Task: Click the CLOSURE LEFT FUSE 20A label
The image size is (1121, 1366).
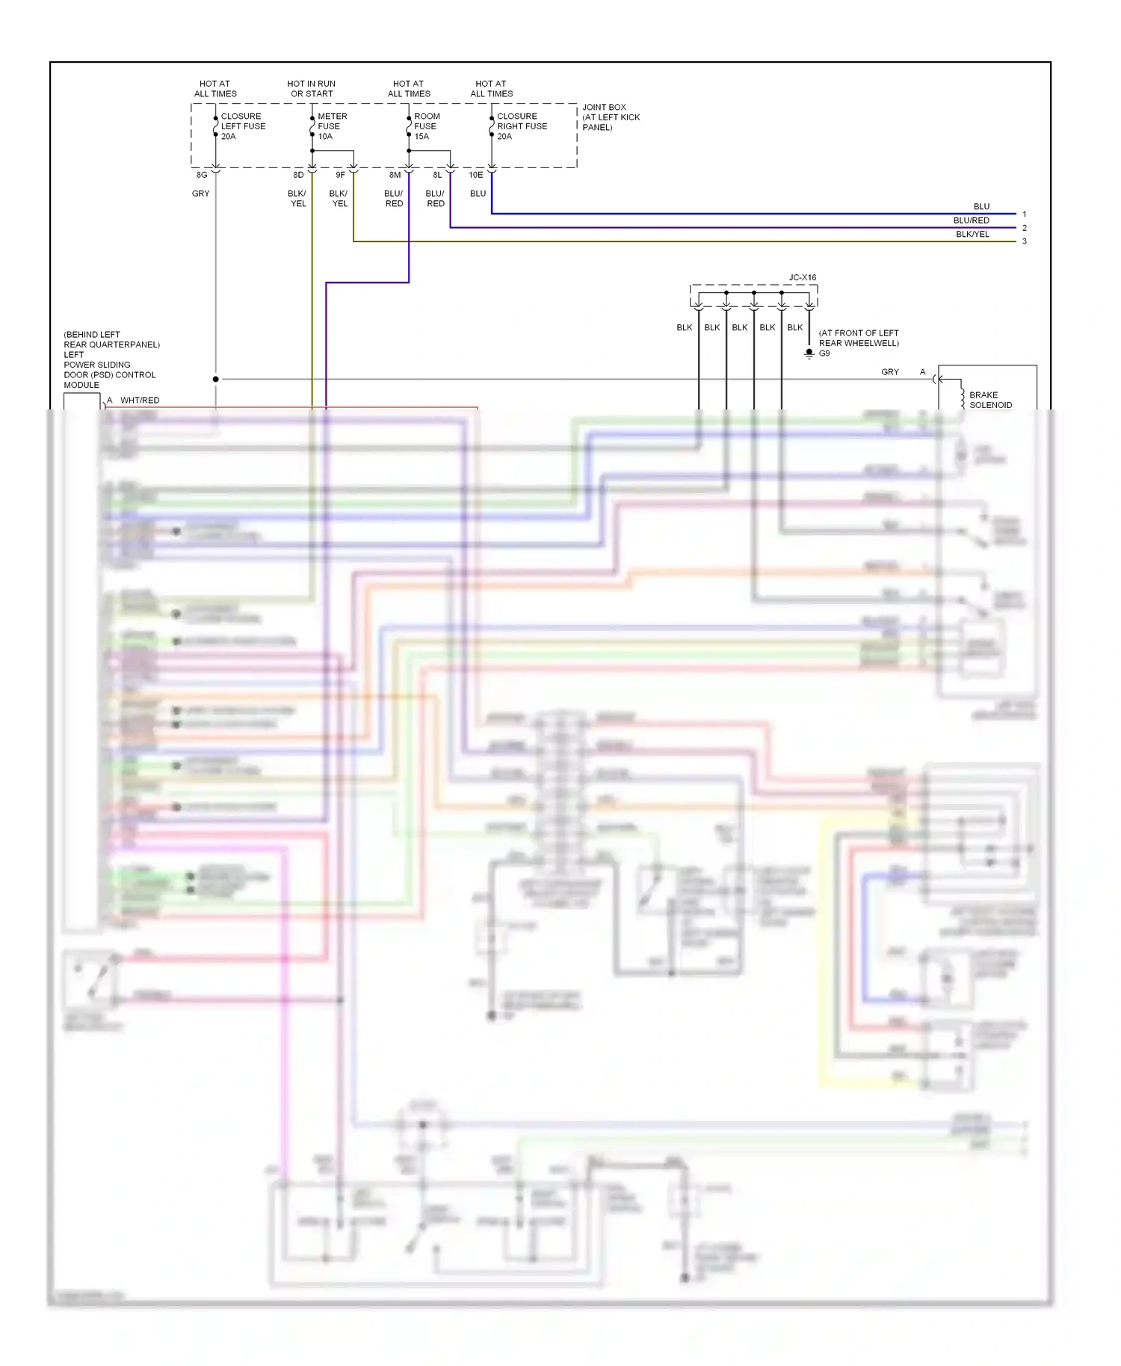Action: pos(243,126)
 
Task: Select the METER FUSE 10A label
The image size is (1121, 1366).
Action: pos(332,126)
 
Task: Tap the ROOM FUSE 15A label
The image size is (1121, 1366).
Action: pos(427,126)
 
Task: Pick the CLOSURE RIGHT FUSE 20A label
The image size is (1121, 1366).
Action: pos(522,126)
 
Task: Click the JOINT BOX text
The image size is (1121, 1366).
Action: pos(604,108)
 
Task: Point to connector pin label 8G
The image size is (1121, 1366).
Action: pos(202,175)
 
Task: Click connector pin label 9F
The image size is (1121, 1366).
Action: pos(340,175)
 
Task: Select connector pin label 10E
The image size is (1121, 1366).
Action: pos(476,175)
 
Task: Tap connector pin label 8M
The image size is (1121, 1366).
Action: pos(395,175)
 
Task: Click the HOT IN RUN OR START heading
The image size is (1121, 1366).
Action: pos(312,89)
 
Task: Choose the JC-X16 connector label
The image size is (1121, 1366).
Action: pos(803,277)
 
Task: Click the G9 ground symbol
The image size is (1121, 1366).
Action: pos(809,353)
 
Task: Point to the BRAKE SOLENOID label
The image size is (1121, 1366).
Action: pos(990,400)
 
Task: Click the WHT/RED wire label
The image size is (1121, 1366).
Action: pos(140,401)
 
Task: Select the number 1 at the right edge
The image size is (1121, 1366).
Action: pos(1024,214)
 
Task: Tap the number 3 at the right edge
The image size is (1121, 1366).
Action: pos(1024,241)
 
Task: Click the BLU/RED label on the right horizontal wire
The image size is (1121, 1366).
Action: pos(971,220)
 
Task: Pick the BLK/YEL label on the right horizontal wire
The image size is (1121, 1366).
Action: pos(972,234)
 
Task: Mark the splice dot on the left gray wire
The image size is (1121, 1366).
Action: pos(216,380)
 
